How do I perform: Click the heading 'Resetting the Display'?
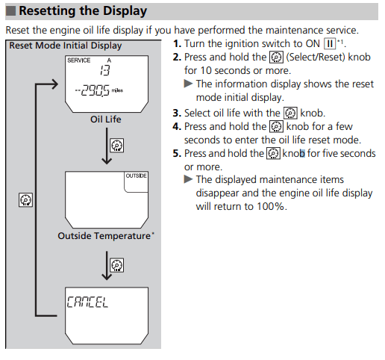(x=83, y=11)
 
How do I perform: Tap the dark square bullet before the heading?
(x=10, y=11)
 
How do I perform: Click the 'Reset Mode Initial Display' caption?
(x=66, y=46)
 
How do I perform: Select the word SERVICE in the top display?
(x=79, y=60)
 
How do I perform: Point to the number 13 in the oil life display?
(x=105, y=70)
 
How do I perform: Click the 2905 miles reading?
(x=99, y=90)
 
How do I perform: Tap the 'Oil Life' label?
(x=106, y=120)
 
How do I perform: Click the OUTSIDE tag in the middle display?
(x=136, y=176)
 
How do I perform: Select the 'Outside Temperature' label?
(x=104, y=236)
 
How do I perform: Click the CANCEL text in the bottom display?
(x=87, y=302)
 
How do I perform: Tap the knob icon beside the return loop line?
(x=25, y=199)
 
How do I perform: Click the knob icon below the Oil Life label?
(x=117, y=146)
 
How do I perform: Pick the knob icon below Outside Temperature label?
(x=117, y=265)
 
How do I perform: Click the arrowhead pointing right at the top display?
(x=54, y=84)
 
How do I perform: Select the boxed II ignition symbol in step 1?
(x=330, y=44)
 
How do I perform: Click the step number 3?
(x=177, y=114)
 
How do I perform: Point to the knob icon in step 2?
(x=276, y=58)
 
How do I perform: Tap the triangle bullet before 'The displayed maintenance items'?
(x=188, y=179)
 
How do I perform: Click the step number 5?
(x=177, y=154)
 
